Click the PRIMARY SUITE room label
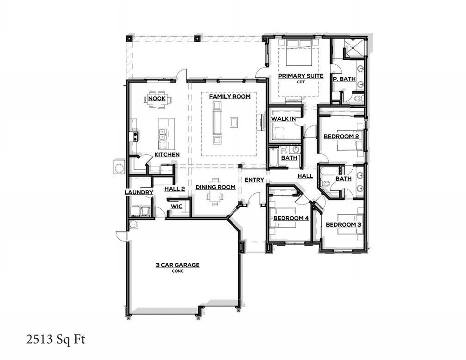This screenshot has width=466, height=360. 300,75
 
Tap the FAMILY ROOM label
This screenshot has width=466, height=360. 230,97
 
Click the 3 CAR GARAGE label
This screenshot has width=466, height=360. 177,265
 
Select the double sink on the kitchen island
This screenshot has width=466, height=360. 162,135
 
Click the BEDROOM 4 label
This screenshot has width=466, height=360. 291,218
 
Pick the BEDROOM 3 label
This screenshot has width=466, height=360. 343,225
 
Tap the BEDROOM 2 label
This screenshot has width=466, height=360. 341,137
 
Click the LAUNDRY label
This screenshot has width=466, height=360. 139,192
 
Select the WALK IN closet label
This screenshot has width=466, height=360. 283,119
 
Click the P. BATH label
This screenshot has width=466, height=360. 344,79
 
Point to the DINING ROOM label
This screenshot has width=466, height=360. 215,187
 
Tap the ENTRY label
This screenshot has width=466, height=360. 254,180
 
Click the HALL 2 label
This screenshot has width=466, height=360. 175,188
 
